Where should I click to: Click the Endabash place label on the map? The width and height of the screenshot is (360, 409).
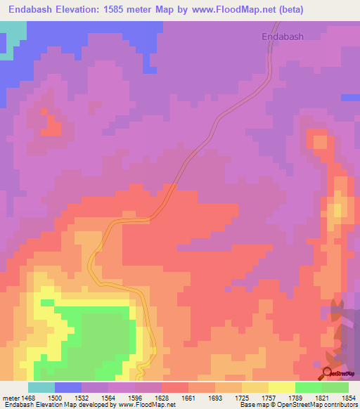coord(282,37)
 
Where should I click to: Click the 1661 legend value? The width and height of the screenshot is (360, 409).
coord(169,398)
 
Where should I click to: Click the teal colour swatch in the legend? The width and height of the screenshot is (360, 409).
coord(41,387)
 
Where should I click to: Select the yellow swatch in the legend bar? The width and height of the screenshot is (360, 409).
coord(281,387)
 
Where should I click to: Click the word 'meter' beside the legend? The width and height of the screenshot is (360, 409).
coord(12,398)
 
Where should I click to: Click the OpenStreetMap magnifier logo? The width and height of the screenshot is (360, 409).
coord(328,373)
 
